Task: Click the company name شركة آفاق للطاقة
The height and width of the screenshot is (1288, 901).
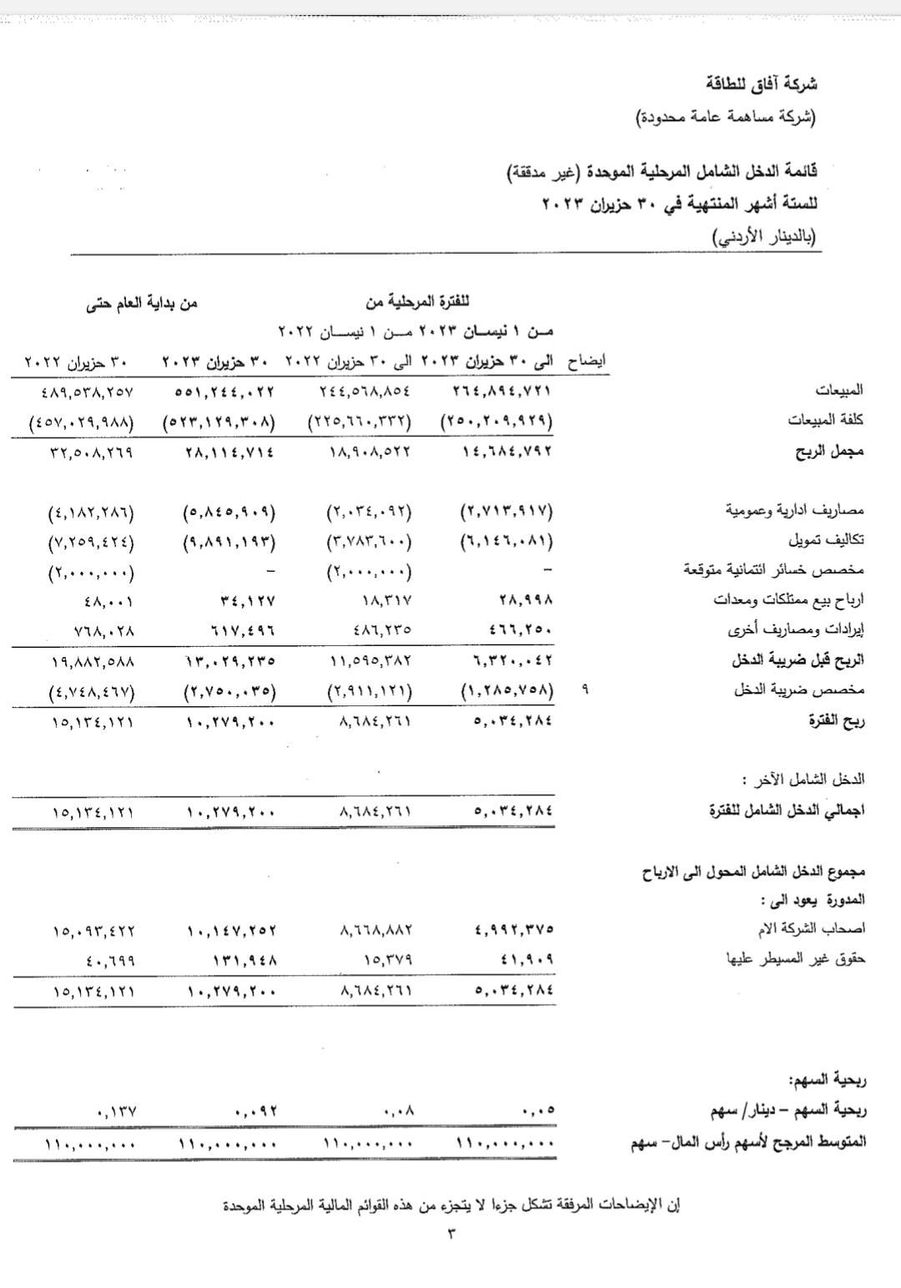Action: click(x=762, y=83)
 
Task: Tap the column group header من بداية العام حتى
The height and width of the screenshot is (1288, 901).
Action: click(x=142, y=302)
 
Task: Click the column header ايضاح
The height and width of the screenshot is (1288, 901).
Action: click(x=586, y=362)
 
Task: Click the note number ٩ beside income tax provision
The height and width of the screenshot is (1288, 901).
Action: click(x=584, y=691)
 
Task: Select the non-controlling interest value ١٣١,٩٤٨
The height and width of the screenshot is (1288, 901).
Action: click(x=241, y=961)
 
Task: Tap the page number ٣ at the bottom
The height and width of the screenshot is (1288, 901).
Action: click(x=451, y=1233)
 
